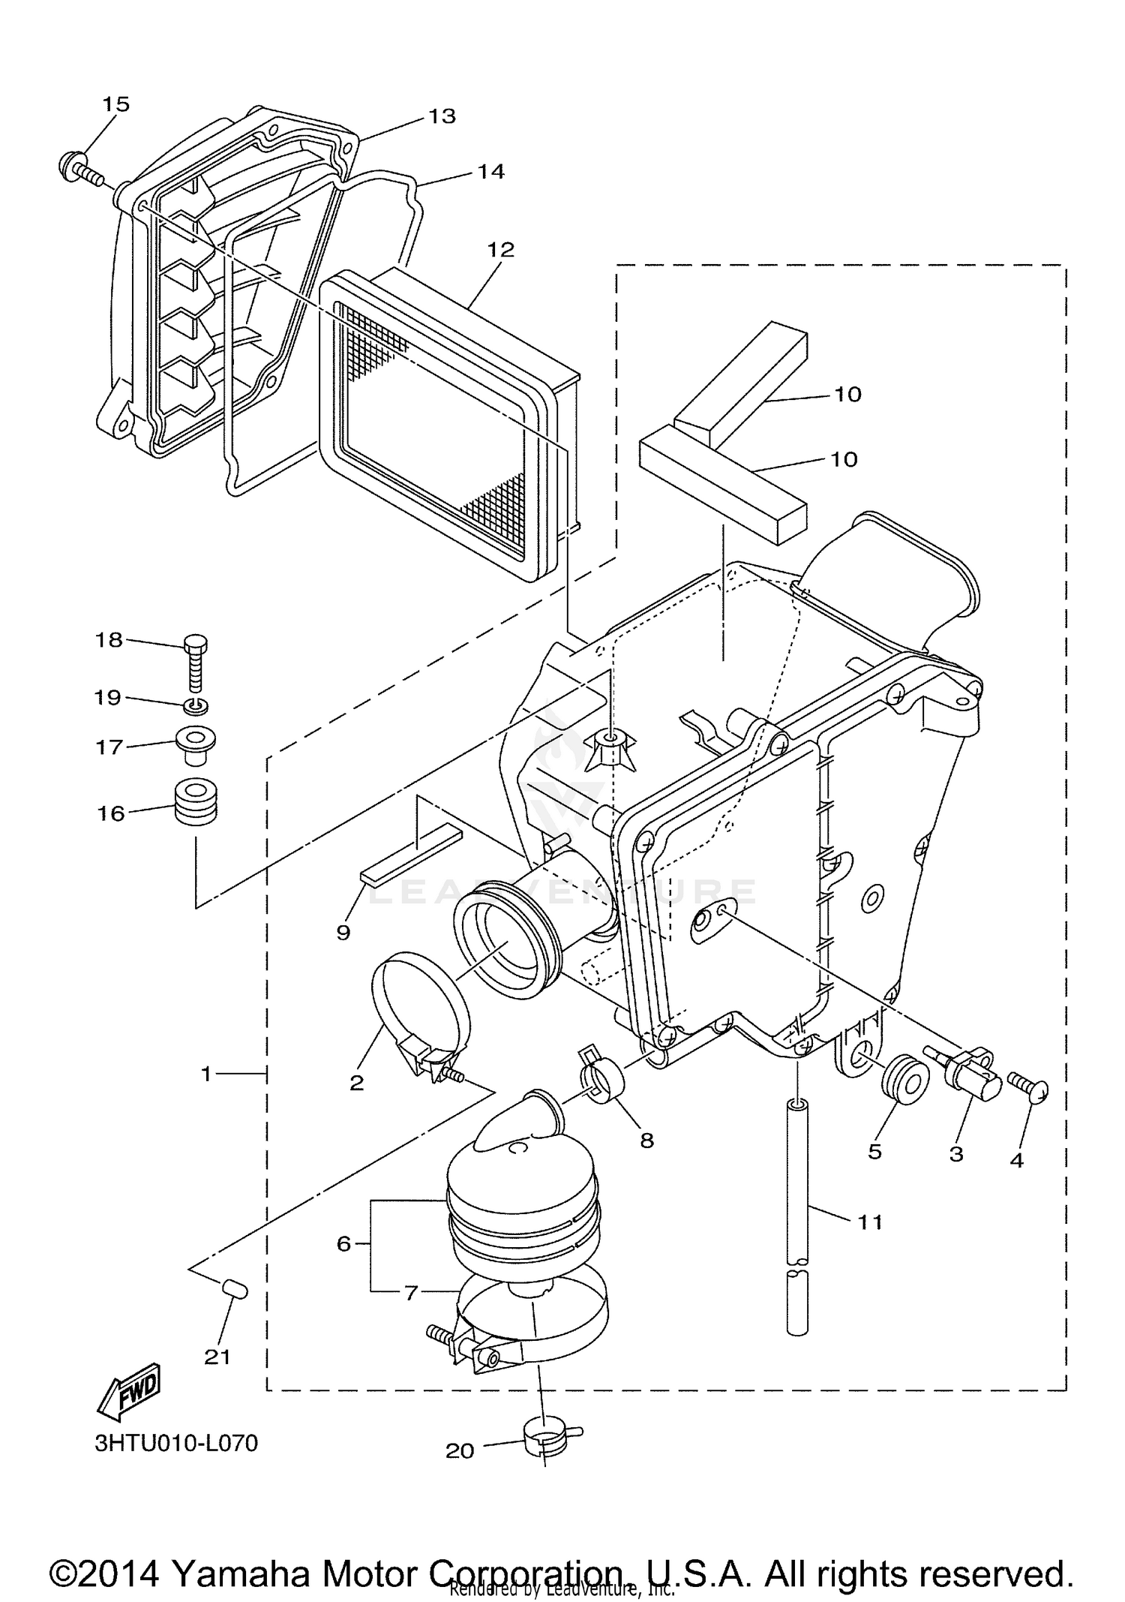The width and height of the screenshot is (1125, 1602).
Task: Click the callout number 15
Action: coord(115,104)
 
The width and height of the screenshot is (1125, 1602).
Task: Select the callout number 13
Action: coord(442,116)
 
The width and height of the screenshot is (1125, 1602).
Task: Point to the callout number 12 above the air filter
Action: coord(501,249)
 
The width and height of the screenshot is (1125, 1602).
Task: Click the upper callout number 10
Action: coord(847,394)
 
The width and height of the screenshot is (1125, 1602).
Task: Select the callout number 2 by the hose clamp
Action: coord(357,1082)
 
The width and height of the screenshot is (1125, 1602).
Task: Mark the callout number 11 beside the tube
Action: coord(870,1222)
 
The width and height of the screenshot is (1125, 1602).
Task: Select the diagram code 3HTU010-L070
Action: coord(176,1443)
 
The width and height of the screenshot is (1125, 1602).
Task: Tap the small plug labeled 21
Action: coord(235,1290)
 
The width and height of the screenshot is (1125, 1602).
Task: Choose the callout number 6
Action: coord(343,1244)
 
